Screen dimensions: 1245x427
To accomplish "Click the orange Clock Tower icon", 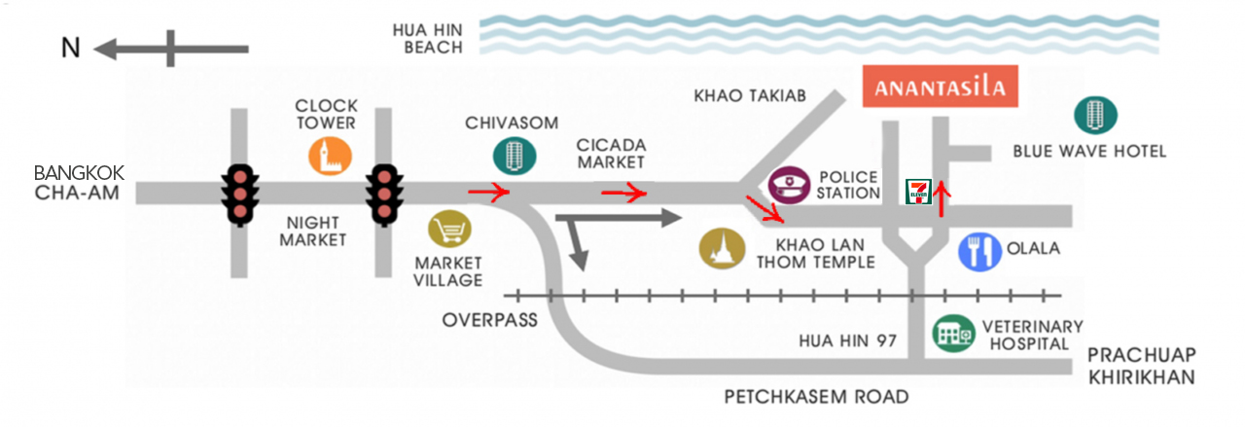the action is tap(330, 157).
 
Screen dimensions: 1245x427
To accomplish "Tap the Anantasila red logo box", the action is tap(940, 87).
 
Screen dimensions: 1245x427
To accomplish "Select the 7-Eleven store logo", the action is tap(918, 192).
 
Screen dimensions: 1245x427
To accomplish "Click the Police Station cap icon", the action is tap(789, 185).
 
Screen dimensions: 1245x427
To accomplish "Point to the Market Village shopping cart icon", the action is tap(449, 229).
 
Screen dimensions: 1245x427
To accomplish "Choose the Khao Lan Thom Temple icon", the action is tap(722, 249).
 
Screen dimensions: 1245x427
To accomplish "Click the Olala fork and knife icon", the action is tap(979, 252).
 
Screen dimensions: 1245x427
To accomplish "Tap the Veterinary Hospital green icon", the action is tap(953, 334).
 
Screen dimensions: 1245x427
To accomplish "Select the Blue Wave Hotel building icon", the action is tap(1095, 115).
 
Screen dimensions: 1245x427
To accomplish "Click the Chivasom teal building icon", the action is tap(515, 156).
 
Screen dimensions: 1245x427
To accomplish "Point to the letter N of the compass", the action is tap(71, 48).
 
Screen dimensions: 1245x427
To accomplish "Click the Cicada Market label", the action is tap(611, 154).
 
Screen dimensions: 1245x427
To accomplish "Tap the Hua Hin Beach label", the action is tap(427, 38).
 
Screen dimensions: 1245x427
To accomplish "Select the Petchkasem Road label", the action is tap(816, 397).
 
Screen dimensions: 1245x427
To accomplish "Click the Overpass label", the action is tap(489, 320).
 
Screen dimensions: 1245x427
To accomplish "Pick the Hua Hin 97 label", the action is tap(847, 340).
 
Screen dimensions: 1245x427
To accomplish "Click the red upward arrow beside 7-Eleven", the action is tap(941, 198).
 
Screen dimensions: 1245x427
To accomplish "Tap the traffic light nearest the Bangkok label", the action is tap(239, 195).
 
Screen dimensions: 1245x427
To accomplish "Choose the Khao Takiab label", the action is tap(750, 95).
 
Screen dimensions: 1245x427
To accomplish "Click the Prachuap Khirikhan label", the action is tap(1142, 366).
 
